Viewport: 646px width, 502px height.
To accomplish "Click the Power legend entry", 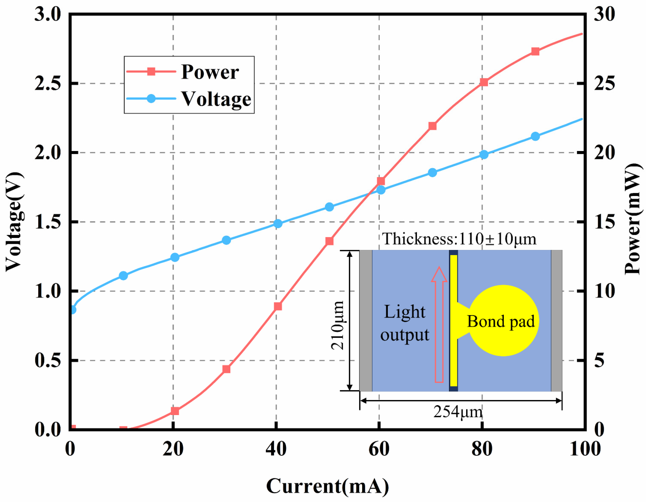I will click(x=210, y=72).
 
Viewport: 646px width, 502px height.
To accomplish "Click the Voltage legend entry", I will click(x=216, y=99).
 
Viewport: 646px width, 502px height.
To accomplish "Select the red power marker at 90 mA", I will click(x=535, y=51).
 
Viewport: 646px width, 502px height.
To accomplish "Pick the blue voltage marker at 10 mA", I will click(x=123, y=276).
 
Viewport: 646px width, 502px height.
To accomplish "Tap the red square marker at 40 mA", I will click(x=278, y=306).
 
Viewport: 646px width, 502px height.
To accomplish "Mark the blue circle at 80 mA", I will click(x=484, y=155).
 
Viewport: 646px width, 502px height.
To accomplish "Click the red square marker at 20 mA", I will click(x=175, y=411).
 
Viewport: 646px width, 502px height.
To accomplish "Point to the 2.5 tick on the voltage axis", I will click(x=47, y=83).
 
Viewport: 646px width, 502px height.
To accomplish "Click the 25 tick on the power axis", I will click(x=604, y=83).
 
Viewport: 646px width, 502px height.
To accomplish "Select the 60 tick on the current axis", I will click(x=379, y=449).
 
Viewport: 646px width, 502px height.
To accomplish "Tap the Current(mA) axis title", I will click(x=327, y=486).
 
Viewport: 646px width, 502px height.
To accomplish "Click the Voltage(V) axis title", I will click(x=15, y=222).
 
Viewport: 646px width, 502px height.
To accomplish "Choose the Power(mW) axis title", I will click(x=633, y=219).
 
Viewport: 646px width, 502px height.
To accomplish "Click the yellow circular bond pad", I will click(x=503, y=321).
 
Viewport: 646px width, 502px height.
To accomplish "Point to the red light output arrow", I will click(x=439, y=325).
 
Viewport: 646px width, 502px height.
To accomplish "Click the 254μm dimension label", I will click(x=458, y=412).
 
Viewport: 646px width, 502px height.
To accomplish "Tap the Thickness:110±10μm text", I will click(x=459, y=239).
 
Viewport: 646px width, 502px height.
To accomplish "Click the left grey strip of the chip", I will click(x=366, y=320).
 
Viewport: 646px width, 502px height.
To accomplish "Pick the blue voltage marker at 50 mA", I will click(x=329, y=207).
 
